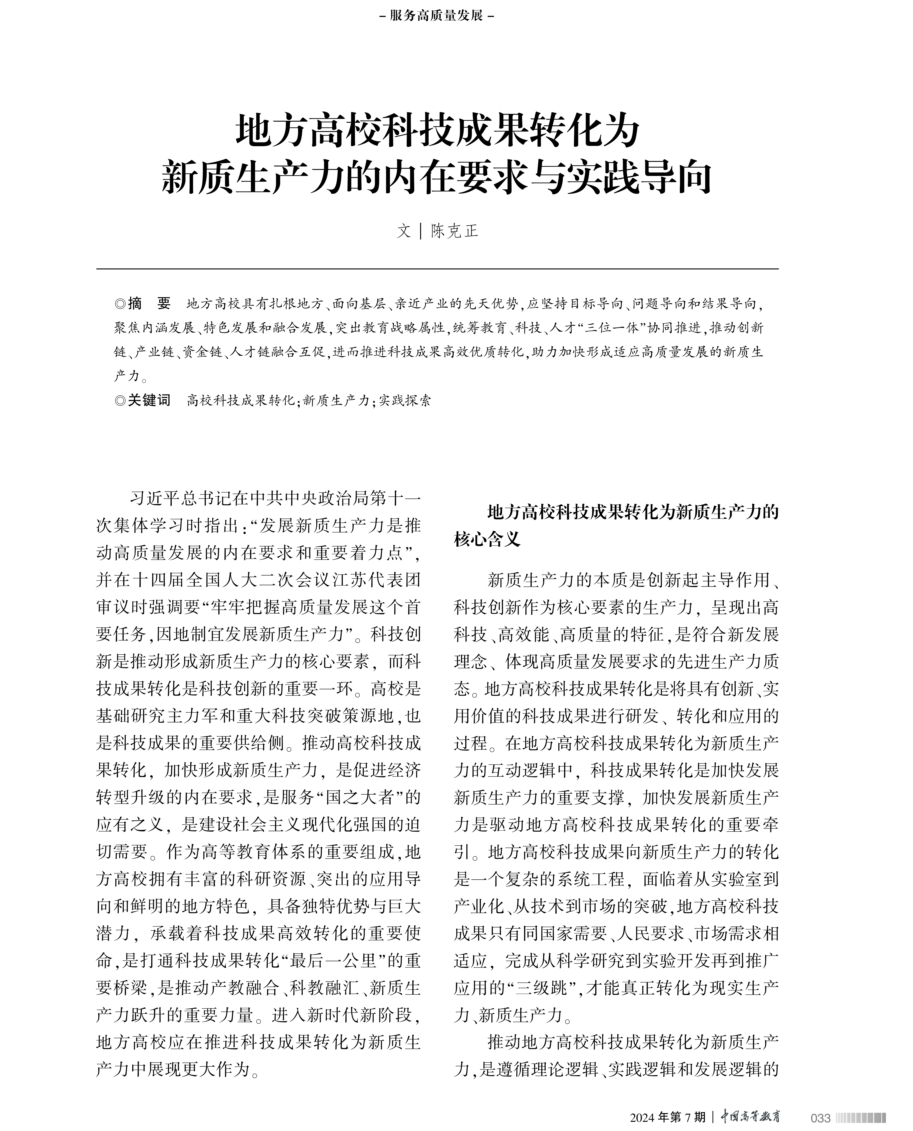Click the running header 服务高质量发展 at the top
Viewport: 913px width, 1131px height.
437,16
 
